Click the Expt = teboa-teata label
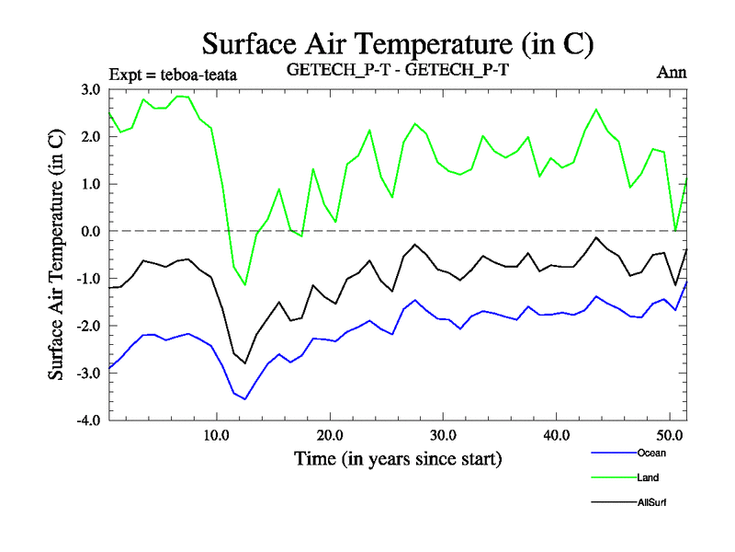pyautogui.click(x=173, y=75)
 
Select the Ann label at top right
pyautogui.click(x=672, y=72)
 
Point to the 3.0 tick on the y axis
pyautogui.click(x=89, y=89)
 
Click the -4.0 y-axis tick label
pyautogui.click(x=87, y=420)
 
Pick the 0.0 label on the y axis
pyautogui.click(x=89, y=231)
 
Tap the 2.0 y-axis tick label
pyautogui.click(x=89, y=136)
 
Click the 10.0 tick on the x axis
pyautogui.click(x=216, y=435)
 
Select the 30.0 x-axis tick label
pyautogui.click(x=443, y=435)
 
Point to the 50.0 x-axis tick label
pyautogui.click(x=669, y=435)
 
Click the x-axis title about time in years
pyautogui.click(x=397, y=457)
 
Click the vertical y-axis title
pyautogui.click(x=56, y=253)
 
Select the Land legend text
pyautogui.click(x=647, y=477)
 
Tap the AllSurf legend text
pyautogui.click(x=650, y=502)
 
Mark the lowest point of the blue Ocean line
pyautogui.click(x=245, y=399)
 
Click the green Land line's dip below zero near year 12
pyautogui.click(x=245, y=284)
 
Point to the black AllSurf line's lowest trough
pyautogui.click(x=245, y=363)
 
